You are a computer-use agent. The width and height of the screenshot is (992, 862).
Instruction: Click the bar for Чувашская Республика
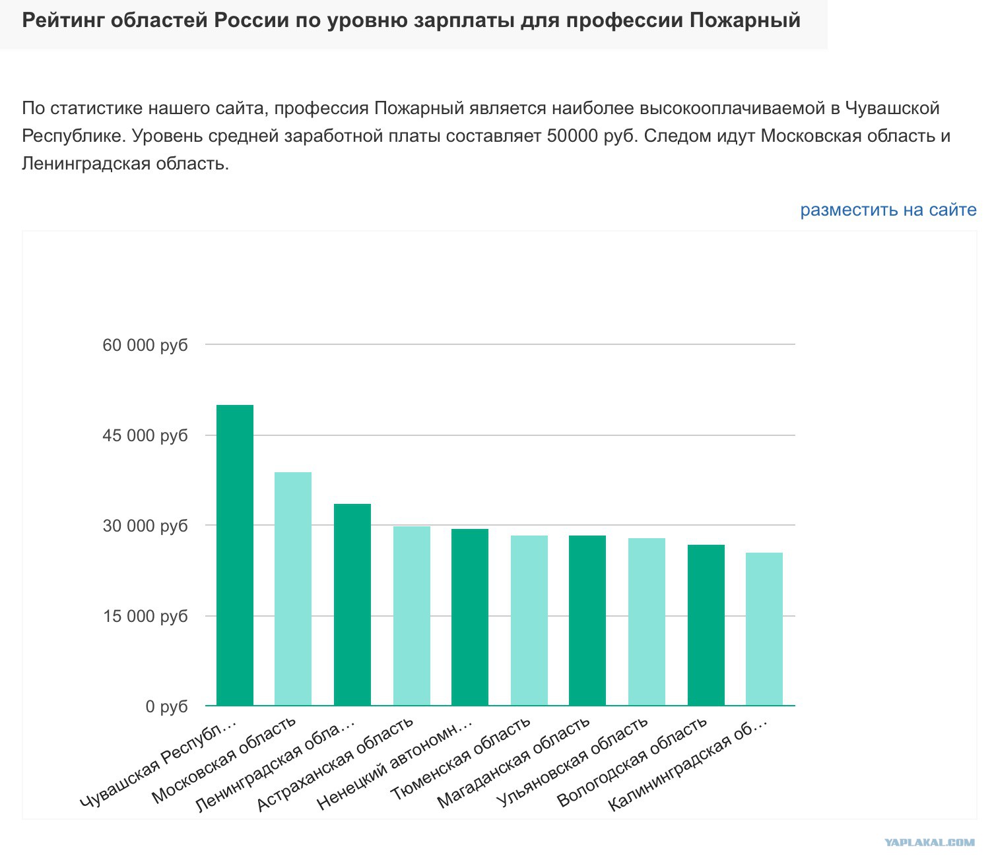(235, 555)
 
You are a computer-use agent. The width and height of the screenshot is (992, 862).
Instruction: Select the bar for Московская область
(293, 588)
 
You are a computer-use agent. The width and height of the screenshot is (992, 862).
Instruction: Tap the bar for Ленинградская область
(352, 604)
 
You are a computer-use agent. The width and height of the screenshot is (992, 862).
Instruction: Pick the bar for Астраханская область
(411, 615)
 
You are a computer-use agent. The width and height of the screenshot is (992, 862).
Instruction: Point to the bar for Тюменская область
(529, 620)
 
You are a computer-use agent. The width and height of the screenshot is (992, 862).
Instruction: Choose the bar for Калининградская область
(764, 629)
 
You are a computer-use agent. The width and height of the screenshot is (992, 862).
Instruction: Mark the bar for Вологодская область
(706, 625)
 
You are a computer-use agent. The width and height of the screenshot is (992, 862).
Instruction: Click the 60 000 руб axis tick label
(145, 345)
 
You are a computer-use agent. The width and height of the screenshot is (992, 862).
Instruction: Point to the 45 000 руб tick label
(145, 435)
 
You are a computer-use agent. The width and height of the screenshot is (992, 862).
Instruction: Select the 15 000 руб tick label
(145, 616)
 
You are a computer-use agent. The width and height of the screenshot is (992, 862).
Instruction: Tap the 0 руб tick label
(166, 706)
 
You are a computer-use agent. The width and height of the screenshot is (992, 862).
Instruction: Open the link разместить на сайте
(888, 210)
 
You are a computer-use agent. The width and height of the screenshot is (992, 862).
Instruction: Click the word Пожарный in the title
(745, 20)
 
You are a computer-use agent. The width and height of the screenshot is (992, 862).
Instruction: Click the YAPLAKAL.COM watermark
(929, 842)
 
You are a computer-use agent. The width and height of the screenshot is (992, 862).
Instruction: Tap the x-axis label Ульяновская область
(572, 762)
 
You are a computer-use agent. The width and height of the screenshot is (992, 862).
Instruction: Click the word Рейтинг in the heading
(62, 20)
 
